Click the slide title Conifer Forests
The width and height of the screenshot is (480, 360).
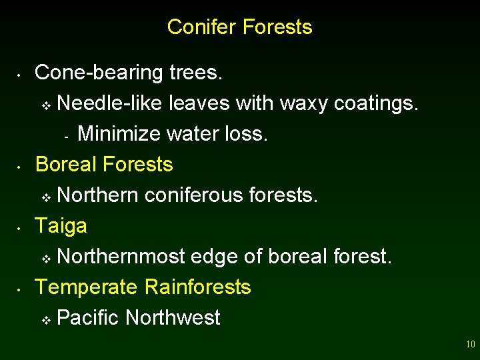point(239,27)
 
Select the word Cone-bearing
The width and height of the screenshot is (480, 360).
point(95,73)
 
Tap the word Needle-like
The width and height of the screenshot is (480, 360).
point(111,103)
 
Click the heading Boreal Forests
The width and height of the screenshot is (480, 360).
point(104,164)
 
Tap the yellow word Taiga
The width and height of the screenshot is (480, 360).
point(61,226)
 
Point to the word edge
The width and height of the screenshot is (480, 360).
point(214,257)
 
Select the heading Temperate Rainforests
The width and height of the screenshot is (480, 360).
point(143,287)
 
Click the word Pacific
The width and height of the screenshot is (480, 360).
point(88,318)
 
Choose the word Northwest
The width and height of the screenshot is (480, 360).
point(173,318)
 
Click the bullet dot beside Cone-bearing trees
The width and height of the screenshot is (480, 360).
point(21,74)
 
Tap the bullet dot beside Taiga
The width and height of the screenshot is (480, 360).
point(21,227)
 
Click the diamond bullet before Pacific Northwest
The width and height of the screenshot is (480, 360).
point(46,320)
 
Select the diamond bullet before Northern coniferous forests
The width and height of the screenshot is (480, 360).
point(46,197)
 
